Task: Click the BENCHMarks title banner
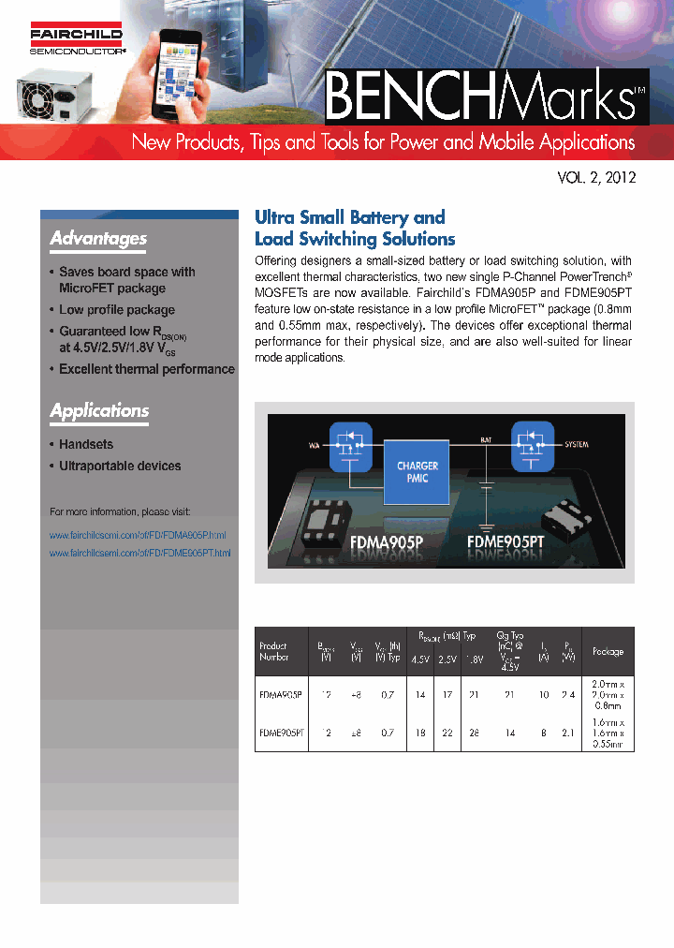(x=485, y=96)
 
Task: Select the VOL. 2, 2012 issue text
(x=596, y=176)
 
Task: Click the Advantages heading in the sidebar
(x=98, y=239)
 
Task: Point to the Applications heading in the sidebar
(x=99, y=411)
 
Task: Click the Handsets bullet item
(x=86, y=445)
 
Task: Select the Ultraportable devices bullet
(x=120, y=467)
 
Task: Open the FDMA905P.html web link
(x=138, y=535)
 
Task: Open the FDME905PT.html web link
(x=139, y=554)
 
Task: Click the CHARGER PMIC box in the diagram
(x=418, y=472)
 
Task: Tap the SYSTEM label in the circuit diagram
(x=577, y=444)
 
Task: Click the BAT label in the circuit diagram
(x=486, y=437)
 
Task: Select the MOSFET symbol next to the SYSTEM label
(x=534, y=445)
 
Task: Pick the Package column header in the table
(x=608, y=651)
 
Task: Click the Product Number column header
(x=273, y=651)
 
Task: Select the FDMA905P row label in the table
(x=280, y=695)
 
